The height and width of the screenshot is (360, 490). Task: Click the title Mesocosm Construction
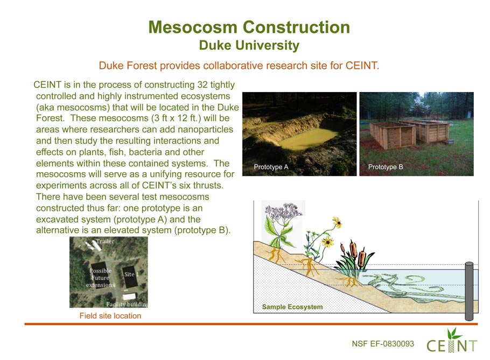pos(249,27)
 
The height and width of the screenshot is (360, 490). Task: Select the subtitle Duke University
pos(249,45)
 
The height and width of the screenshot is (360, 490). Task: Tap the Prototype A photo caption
pos(271,167)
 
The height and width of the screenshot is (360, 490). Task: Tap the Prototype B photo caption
pos(386,167)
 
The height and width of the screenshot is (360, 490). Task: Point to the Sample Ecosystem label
pos(292,307)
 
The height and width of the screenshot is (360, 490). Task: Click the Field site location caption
pos(110,316)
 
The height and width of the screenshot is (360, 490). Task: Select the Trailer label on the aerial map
pos(105,241)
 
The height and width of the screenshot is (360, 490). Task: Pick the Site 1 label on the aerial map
pos(131,274)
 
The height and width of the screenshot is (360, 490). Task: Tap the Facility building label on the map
pos(127,304)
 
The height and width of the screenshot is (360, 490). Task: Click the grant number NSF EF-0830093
pos(383,344)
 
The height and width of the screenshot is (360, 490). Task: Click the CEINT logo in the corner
pos(452,341)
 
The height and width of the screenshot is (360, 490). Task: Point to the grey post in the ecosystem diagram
pos(469,291)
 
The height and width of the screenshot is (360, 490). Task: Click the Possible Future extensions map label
pos(100,278)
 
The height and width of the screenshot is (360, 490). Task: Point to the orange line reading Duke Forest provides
pos(239,66)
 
